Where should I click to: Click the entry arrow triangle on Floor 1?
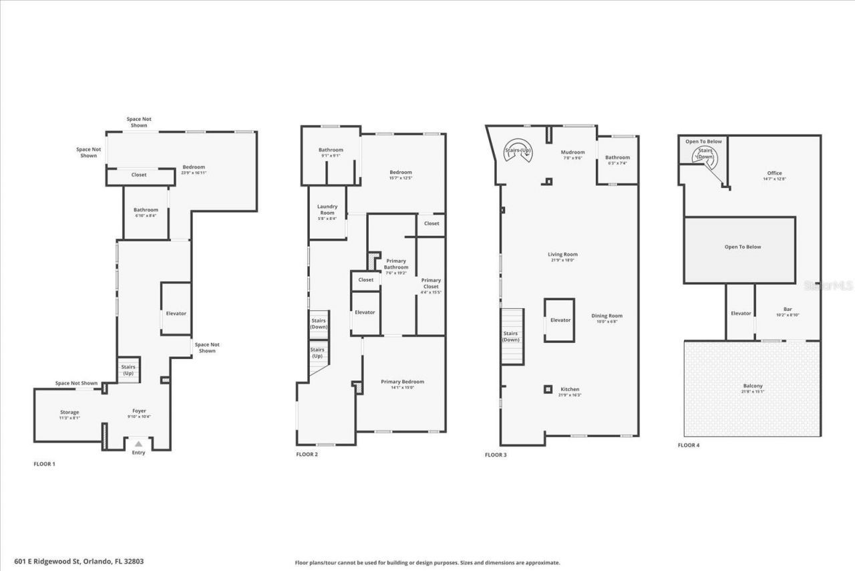(x=138, y=443)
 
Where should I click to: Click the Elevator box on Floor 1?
(x=176, y=313)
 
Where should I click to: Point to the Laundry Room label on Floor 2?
(x=327, y=209)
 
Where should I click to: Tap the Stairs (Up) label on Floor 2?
(x=317, y=352)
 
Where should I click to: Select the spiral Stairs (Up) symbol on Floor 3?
(x=517, y=150)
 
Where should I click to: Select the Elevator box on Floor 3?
(x=560, y=320)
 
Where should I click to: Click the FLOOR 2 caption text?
(x=307, y=455)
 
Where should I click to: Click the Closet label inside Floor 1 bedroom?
(x=139, y=175)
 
